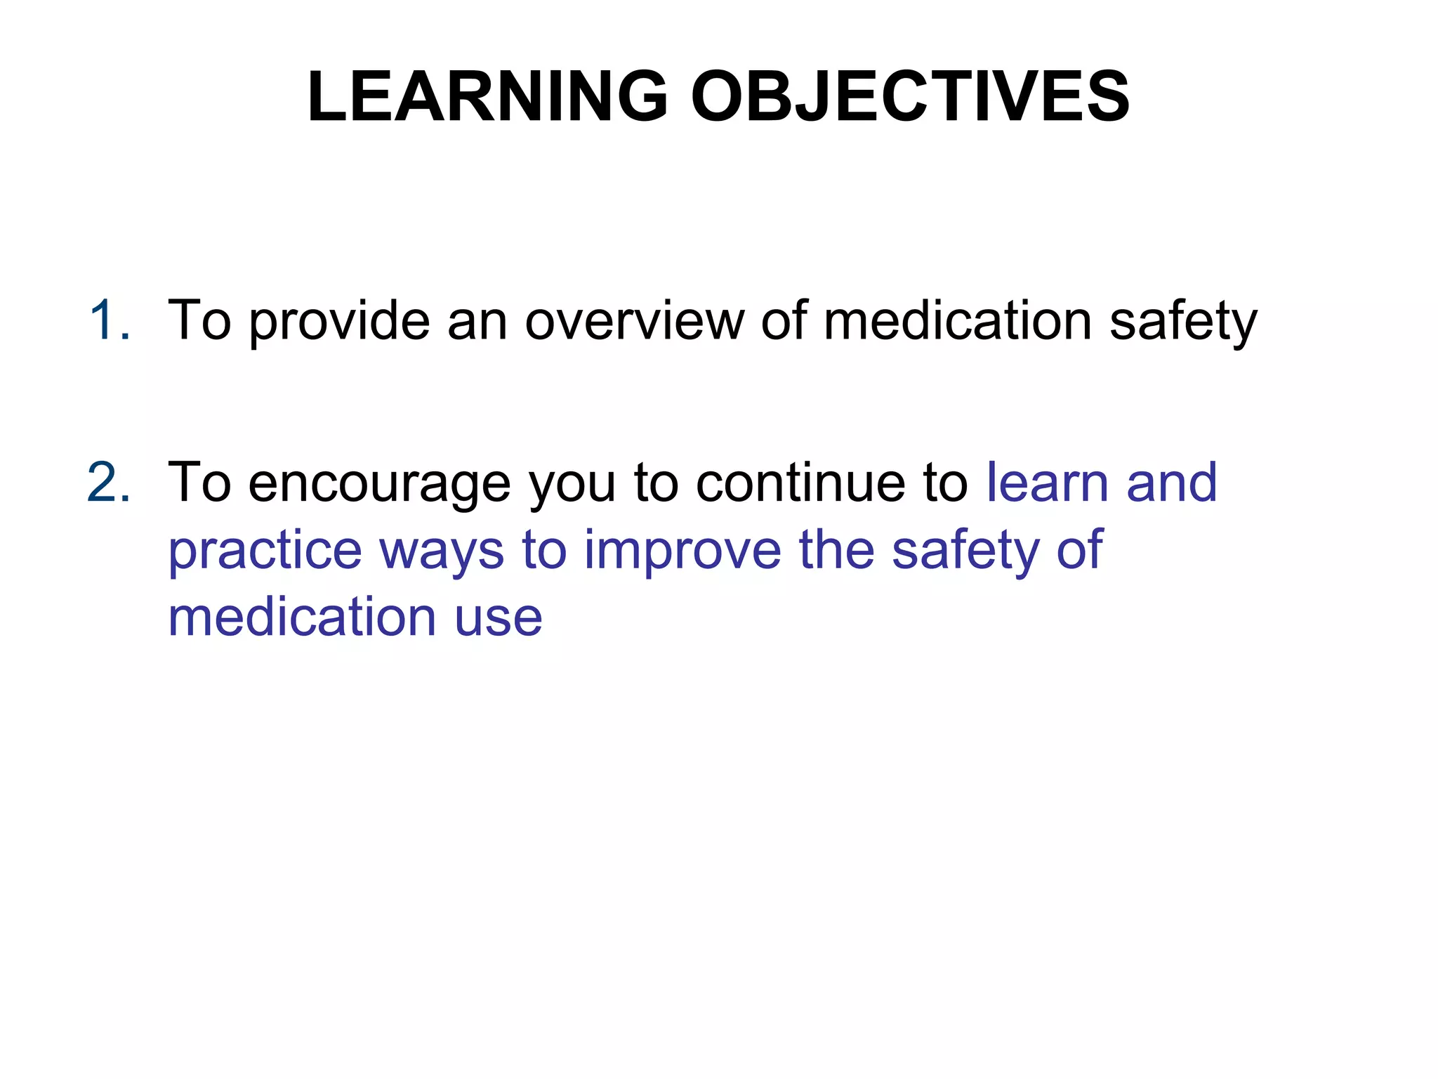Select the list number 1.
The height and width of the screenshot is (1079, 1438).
click(109, 320)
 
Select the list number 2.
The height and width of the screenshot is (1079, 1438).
click(109, 483)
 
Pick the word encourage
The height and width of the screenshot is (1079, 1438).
click(379, 485)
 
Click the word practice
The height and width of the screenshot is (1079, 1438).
click(265, 551)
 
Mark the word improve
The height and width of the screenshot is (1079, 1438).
click(682, 551)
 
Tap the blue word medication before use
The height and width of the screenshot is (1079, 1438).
click(303, 617)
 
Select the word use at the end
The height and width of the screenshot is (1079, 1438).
click(499, 619)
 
